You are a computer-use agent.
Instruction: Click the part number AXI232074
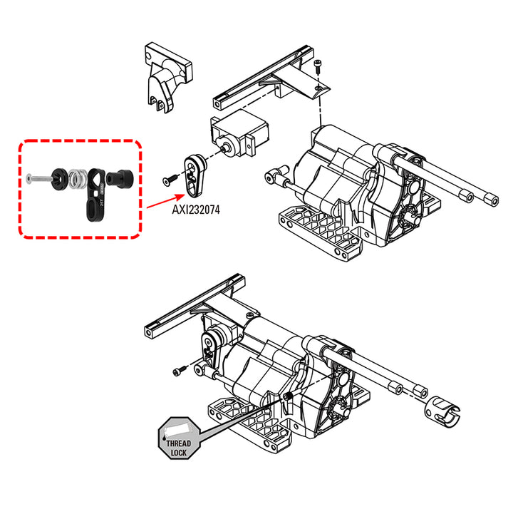coord(196,210)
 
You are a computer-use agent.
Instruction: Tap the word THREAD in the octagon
coord(179,443)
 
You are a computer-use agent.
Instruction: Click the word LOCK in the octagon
coord(179,453)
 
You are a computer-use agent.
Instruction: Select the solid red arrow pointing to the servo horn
coord(166,201)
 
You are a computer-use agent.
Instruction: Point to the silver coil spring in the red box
coord(78,180)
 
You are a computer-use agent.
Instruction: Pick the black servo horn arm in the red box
coord(95,194)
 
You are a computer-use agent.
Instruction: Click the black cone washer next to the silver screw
coord(60,180)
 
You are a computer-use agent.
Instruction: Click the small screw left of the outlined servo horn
coord(170,180)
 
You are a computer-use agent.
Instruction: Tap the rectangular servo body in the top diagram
coord(239,134)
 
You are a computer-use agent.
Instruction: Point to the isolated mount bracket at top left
coord(167,78)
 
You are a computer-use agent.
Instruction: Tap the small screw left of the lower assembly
coord(180,371)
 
